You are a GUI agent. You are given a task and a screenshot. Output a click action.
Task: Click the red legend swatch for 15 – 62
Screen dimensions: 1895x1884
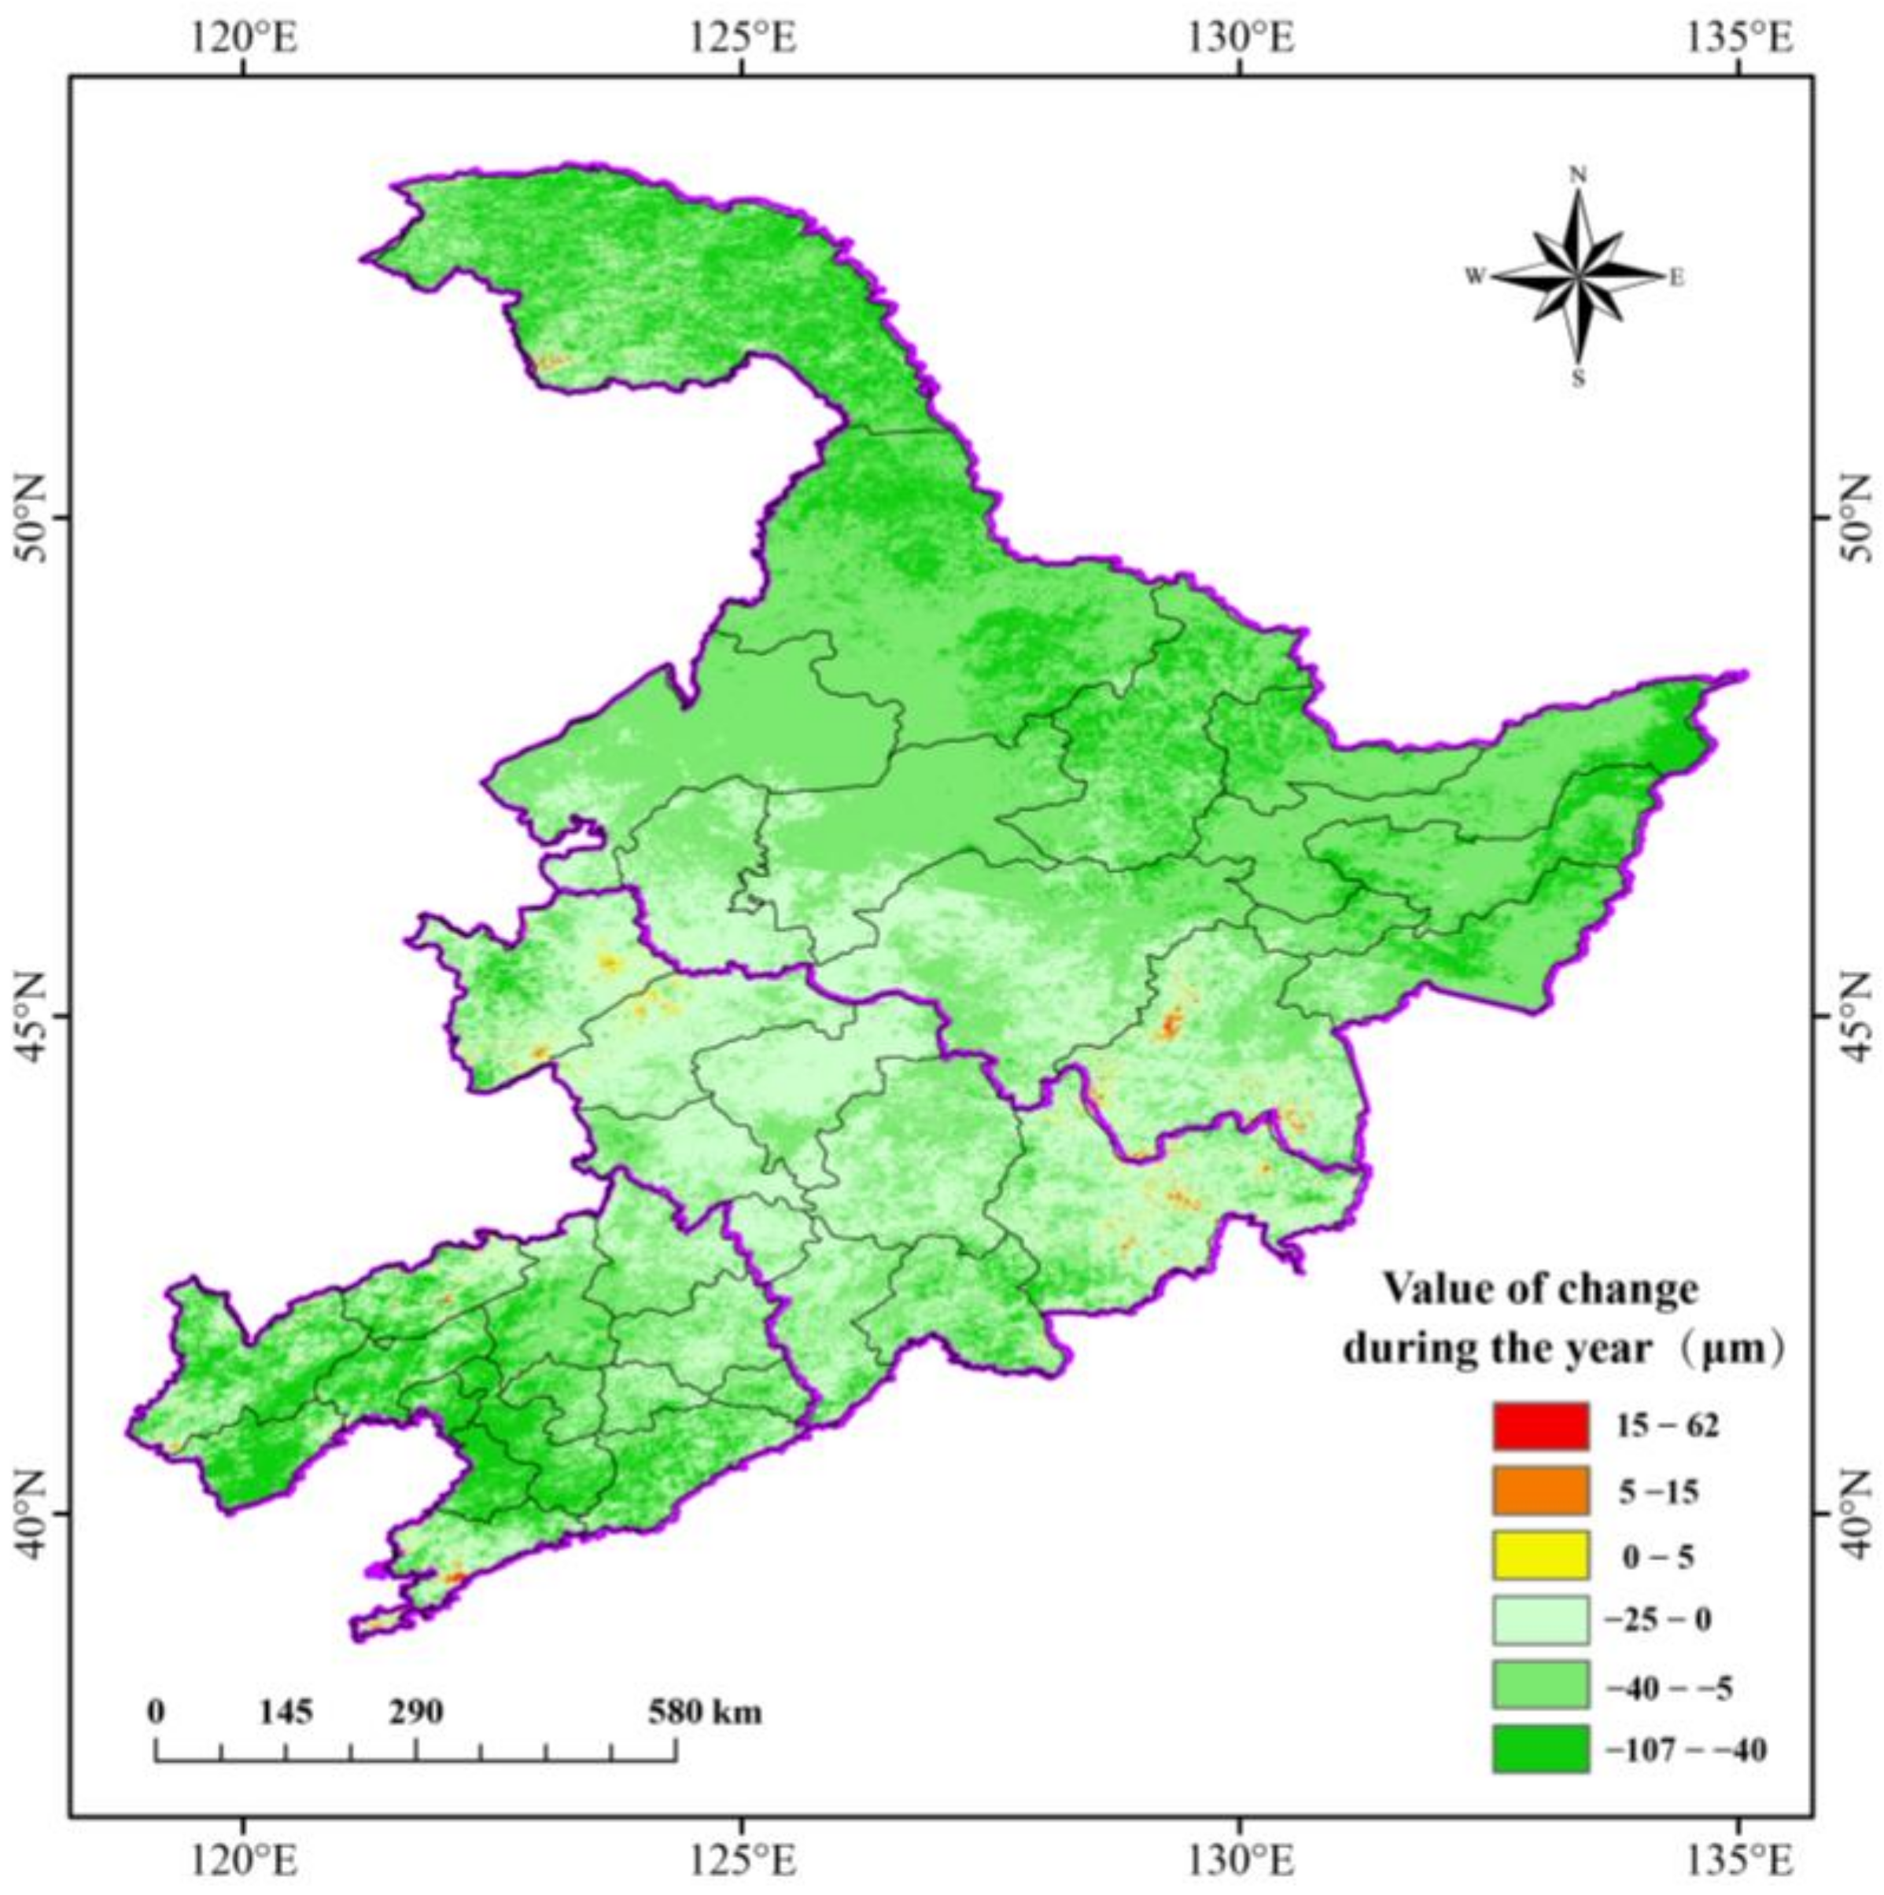[x=1540, y=1426]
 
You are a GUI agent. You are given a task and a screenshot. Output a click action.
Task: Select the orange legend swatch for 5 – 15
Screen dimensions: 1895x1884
[x=1540, y=1492]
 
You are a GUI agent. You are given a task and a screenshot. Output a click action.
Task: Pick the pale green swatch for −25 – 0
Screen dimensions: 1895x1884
[x=1540, y=1621]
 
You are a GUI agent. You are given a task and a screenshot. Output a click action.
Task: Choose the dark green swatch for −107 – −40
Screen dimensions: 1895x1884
[x=1540, y=1749]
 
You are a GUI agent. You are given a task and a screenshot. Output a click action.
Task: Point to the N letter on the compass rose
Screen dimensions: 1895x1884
[x=1579, y=175]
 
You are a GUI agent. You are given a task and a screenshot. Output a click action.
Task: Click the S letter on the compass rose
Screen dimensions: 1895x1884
[x=1579, y=381]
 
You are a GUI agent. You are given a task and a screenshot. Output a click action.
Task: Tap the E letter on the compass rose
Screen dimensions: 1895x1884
[x=1677, y=278]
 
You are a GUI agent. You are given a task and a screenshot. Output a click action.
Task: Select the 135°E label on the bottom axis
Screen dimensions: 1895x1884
[x=1738, y=1856]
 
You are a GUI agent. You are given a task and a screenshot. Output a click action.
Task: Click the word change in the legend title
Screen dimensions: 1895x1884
[x=1634, y=1288]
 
